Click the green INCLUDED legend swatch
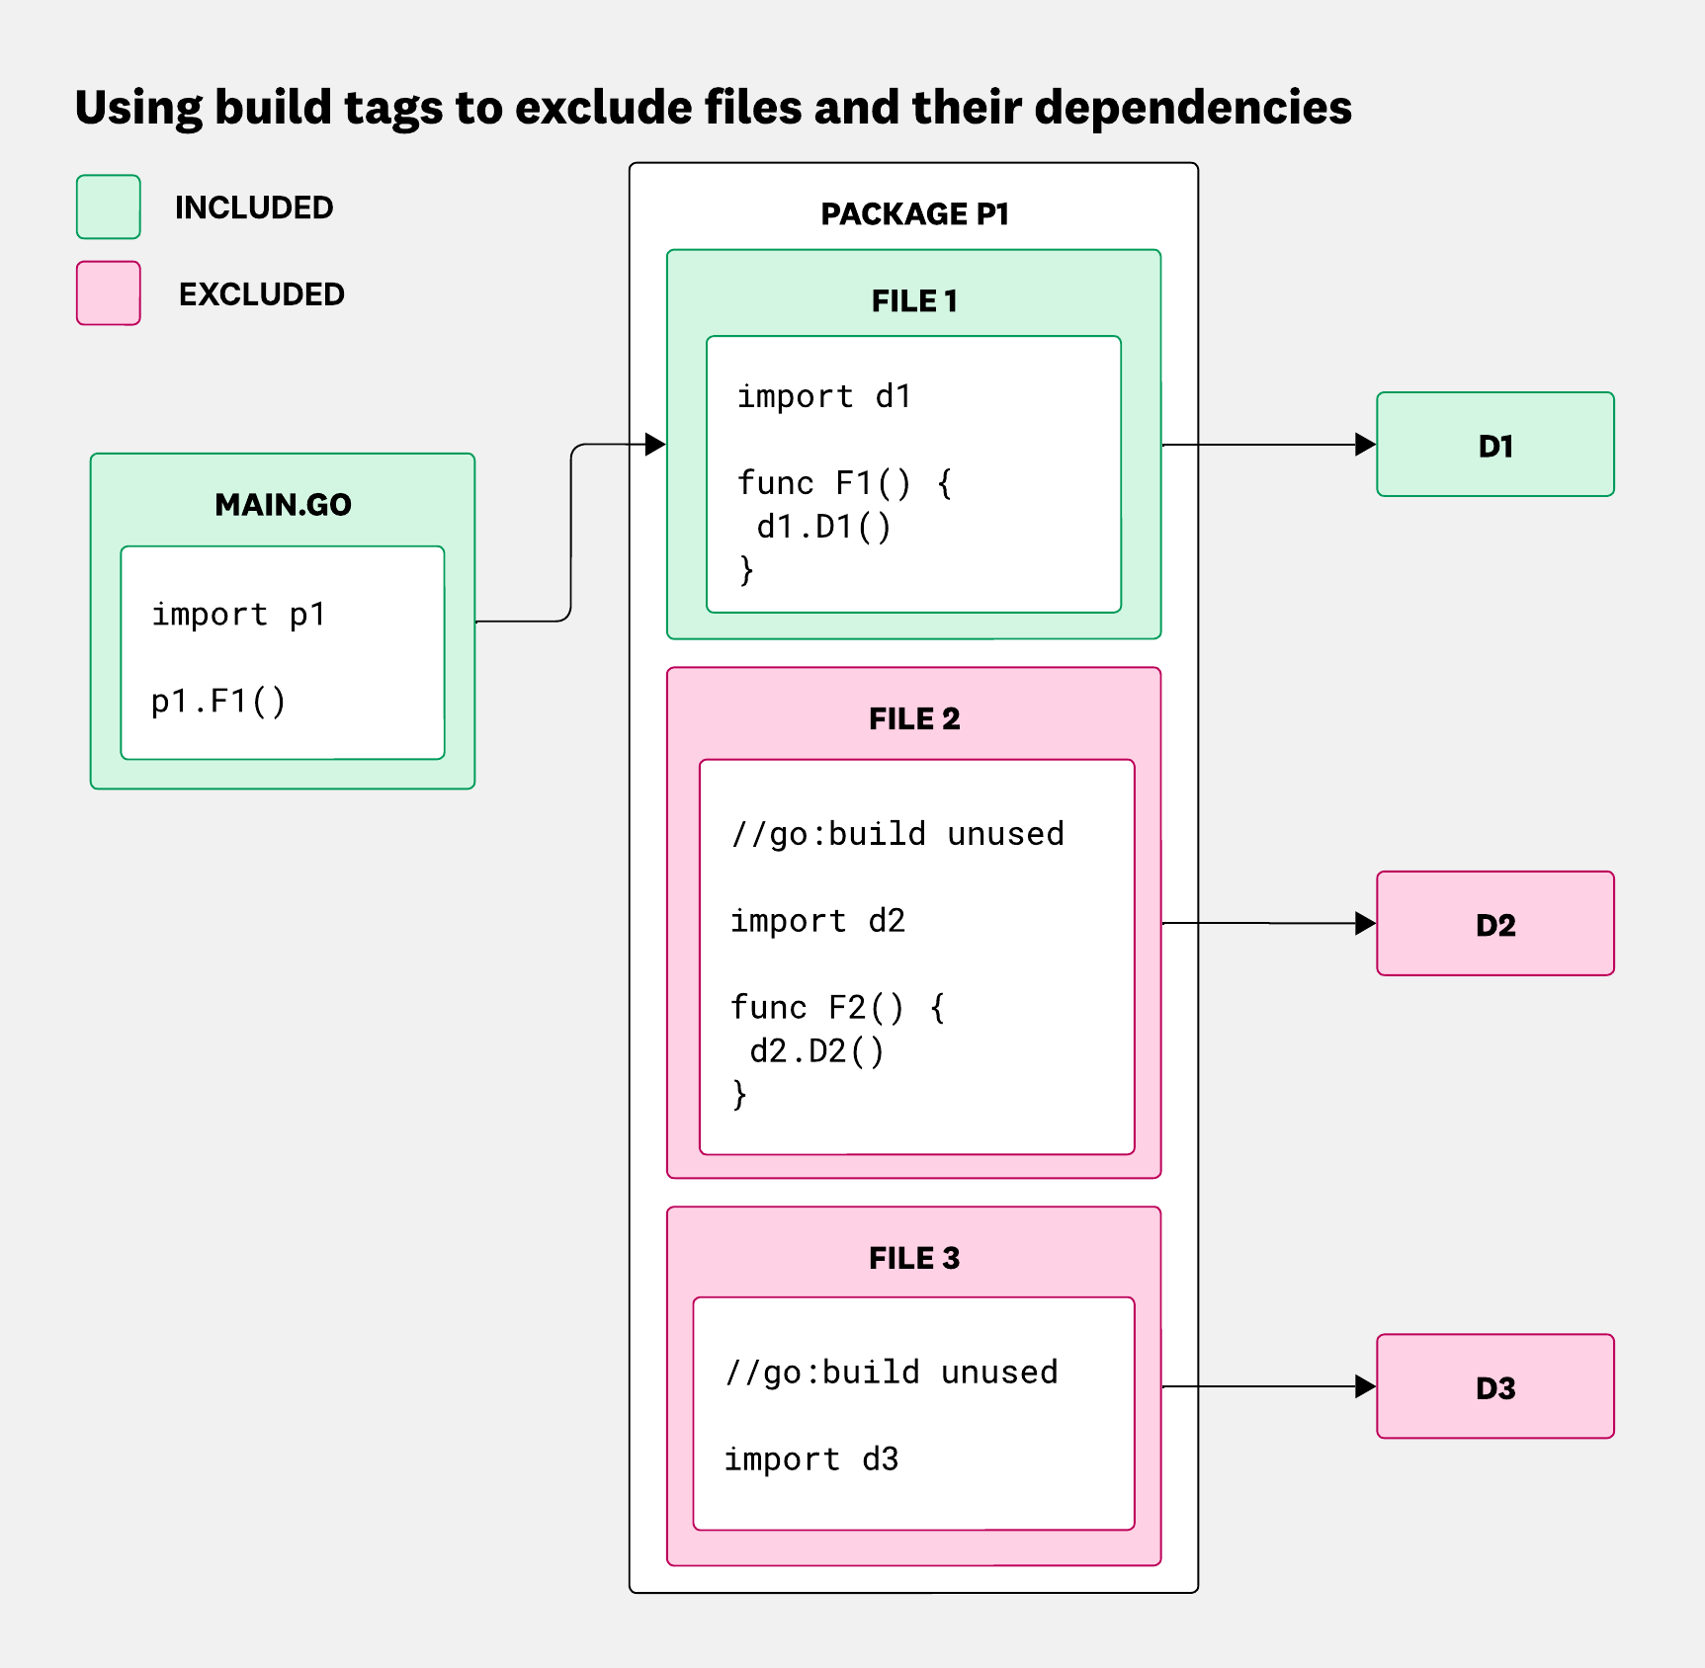pyautogui.click(x=109, y=207)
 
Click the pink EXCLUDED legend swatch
pyautogui.click(x=109, y=292)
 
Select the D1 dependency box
pyautogui.click(x=1494, y=445)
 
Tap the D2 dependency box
pyautogui.click(x=1494, y=924)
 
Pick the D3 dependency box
pyautogui.click(x=1494, y=1386)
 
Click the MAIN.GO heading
pyautogui.click(x=283, y=505)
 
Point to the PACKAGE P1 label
pyautogui.click(x=914, y=213)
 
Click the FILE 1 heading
pyautogui.click(x=914, y=300)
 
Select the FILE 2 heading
pyautogui.click(x=914, y=718)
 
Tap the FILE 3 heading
pyautogui.click(x=914, y=1258)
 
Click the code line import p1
pyautogui.click(x=238, y=615)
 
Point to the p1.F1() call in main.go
pyautogui.click(x=218, y=701)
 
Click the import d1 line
pyautogui.click(x=823, y=396)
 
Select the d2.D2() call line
pyautogui.click(x=816, y=1051)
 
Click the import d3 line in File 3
pyautogui.click(x=810, y=1459)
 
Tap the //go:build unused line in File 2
pyautogui.click(x=897, y=834)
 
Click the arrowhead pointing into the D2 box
pyautogui.click(x=1365, y=924)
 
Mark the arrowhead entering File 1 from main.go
pyautogui.click(x=655, y=445)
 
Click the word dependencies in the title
pyautogui.click(x=1192, y=107)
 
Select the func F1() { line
pyautogui.click(x=844, y=483)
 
